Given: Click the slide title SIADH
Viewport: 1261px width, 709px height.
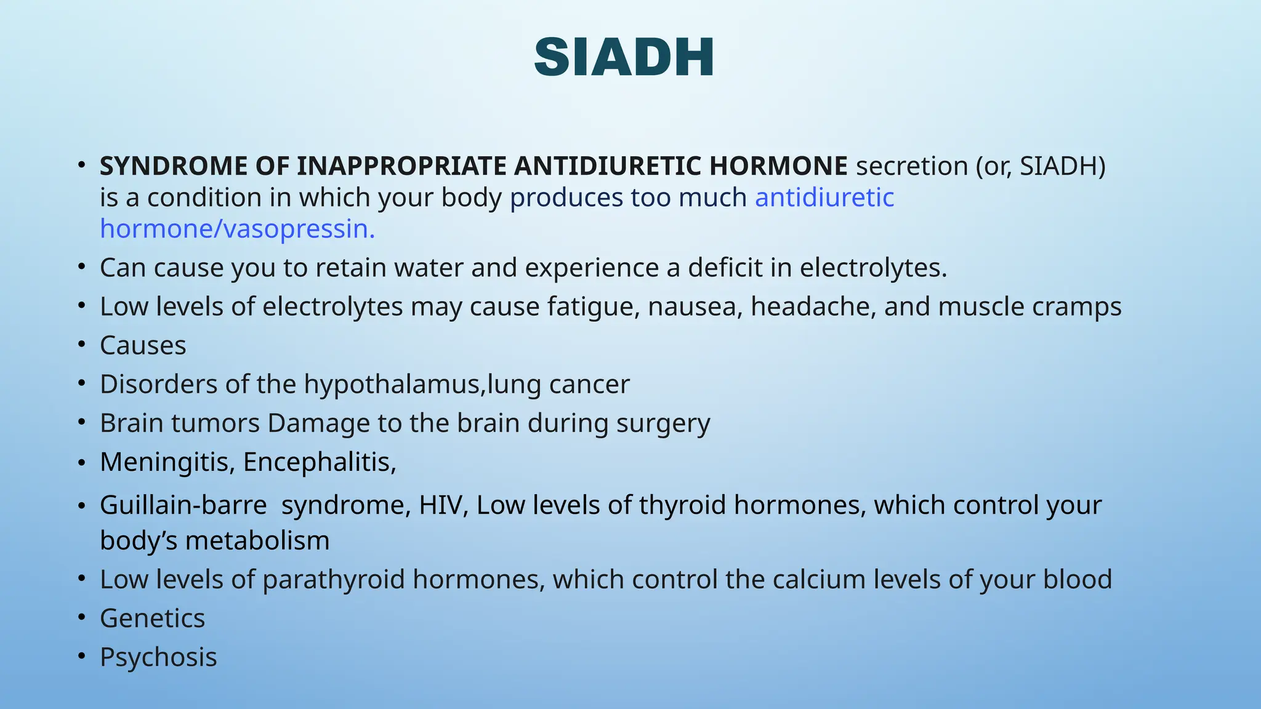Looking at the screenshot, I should coord(624,57).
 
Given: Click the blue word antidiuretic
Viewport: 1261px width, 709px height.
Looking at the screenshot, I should coord(824,198).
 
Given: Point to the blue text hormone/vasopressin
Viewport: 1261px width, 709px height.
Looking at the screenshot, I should coord(237,229).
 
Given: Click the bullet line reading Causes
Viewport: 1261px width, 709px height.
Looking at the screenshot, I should coord(143,345).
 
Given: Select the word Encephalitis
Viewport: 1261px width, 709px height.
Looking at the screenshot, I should coord(319,462).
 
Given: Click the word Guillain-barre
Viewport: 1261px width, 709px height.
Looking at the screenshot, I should coord(183,505).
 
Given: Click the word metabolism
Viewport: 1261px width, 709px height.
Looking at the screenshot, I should coord(257,541).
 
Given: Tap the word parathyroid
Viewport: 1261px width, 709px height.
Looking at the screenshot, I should coord(333,580).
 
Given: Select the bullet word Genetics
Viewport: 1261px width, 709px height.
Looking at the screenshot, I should coord(152,619).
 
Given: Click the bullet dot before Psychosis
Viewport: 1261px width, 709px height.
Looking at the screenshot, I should coord(81,657).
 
